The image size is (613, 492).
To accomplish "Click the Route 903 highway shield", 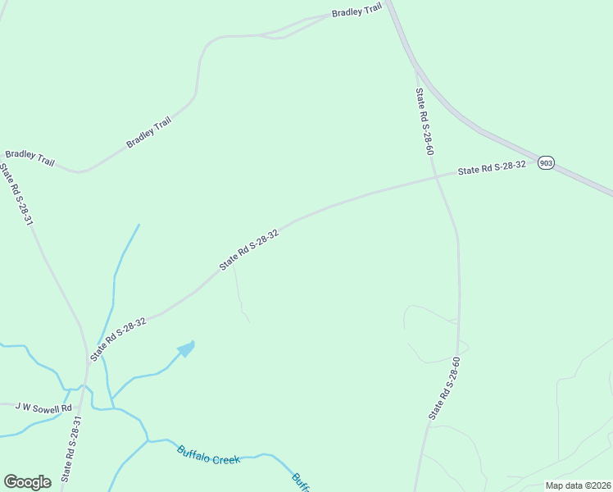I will (547, 163).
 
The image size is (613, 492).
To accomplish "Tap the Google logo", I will (27, 482).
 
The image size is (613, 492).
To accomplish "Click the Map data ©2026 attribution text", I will (578, 485).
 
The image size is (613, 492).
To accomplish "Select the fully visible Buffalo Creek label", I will (209, 455).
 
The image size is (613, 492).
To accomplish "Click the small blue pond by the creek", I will (187, 349).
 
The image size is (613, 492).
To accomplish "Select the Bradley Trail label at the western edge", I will (30, 158).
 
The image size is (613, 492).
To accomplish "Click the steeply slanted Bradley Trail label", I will (149, 133).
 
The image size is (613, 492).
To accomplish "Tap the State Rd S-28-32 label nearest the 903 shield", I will (491, 168).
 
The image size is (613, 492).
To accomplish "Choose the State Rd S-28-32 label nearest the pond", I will (119, 339).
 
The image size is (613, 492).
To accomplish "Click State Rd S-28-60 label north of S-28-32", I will (424, 121).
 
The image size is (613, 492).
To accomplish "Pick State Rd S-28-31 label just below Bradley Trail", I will (16, 196).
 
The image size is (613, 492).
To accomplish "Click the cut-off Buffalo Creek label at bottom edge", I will (301, 482).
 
